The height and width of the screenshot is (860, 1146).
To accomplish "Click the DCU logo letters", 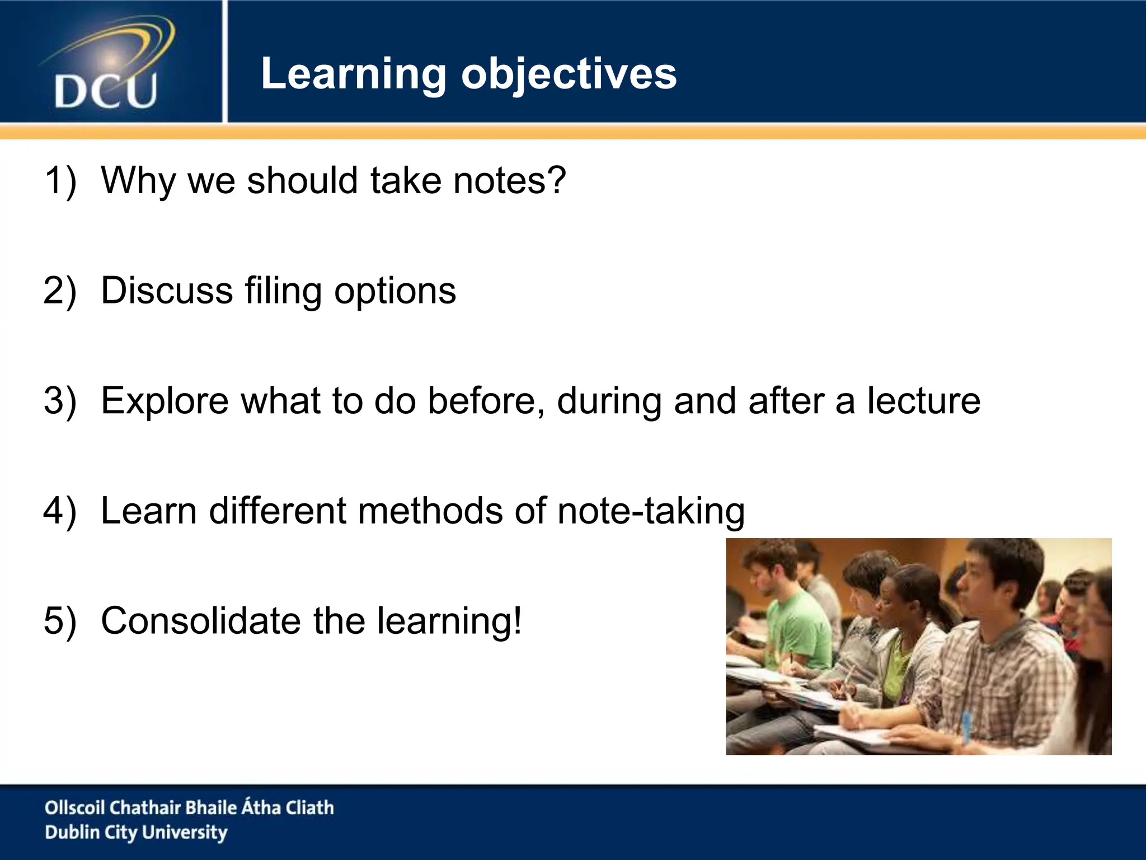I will click(105, 91).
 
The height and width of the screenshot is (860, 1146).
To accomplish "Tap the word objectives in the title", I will click(569, 74).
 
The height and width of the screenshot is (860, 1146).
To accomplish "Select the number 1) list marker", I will click(60, 181).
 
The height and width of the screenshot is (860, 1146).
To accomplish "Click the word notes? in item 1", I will click(509, 181).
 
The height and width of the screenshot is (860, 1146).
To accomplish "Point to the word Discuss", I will click(166, 291).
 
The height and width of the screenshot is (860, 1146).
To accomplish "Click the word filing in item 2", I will click(283, 292).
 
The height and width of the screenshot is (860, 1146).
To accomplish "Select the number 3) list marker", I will click(60, 401).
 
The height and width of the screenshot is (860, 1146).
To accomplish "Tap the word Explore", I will click(165, 401).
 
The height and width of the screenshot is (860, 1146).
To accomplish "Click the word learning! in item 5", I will click(449, 621).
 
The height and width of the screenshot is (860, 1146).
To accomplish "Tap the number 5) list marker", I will click(60, 621).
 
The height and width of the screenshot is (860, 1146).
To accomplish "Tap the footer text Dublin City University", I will click(136, 833).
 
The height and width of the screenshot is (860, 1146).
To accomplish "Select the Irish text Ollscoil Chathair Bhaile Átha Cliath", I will click(189, 807).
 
